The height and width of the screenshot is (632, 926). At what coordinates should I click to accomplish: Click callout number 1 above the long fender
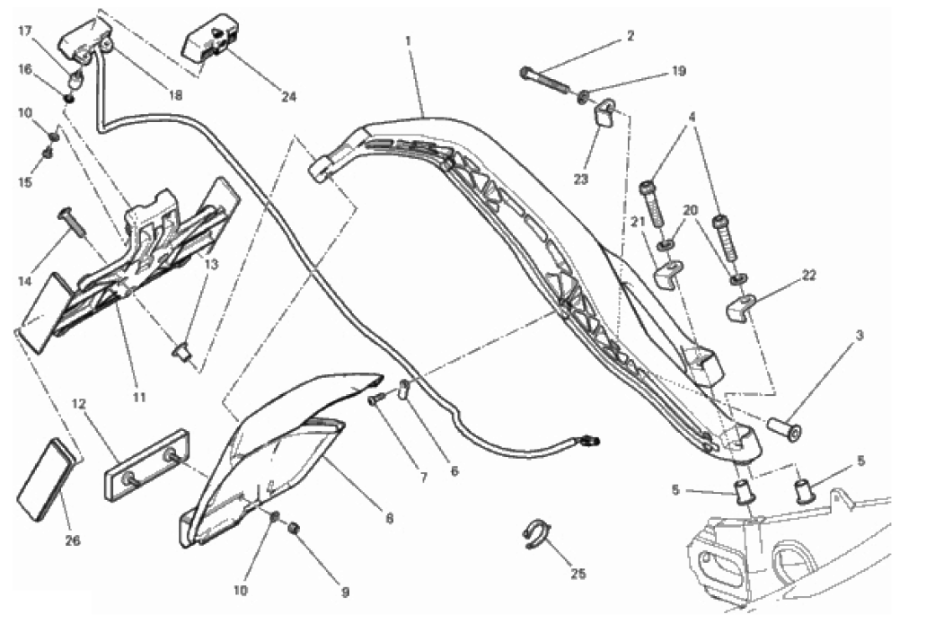[408, 40]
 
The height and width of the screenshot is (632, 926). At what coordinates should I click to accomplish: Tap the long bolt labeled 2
[545, 81]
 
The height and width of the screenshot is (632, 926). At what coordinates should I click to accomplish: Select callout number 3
[860, 335]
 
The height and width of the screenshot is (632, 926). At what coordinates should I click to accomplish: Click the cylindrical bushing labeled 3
[784, 428]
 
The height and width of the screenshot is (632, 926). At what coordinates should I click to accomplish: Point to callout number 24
[288, 97]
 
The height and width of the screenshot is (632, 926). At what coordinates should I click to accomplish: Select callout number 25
[578, 573]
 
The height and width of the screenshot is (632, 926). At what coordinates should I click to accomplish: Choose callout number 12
[78, 404]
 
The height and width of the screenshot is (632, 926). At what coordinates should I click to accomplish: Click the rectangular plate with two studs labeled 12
[146, 464]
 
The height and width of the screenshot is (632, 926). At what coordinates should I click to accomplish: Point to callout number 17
[25, 31]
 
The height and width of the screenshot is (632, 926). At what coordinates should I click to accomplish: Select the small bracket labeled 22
[738, 307]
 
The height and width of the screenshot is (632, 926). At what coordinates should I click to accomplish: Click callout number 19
[678, 72]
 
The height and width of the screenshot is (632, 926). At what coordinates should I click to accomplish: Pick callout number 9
[346, 592]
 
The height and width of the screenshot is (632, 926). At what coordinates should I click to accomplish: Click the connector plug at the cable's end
[590, 440]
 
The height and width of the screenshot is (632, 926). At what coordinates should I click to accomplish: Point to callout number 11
[139, 397]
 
